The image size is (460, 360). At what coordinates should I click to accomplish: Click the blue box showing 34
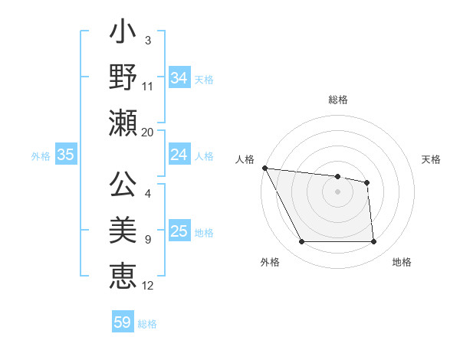[x=179, y=78]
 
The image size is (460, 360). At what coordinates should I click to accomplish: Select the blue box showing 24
[x=179, y=155]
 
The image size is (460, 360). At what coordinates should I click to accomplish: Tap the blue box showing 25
[x=179, y=231]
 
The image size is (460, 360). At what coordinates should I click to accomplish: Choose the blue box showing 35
[x=66, y=155]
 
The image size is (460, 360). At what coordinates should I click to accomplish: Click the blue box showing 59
[x=123, y=322]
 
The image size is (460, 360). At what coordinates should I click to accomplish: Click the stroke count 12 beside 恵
[x=148, y=286]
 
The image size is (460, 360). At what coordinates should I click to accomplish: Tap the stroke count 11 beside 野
[x=148, y=87]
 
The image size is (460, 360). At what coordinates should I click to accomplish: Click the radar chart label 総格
[x=338, y=100]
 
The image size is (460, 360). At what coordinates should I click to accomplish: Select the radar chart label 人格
[x=245, y=159]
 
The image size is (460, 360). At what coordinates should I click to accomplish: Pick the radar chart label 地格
[x=402, y=262]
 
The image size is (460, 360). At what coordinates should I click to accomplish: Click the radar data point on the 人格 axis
[x=264, y=168]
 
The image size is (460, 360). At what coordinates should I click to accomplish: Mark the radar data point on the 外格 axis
[x=301, y=242]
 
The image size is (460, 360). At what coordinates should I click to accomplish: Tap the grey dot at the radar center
[x=338, y=191]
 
